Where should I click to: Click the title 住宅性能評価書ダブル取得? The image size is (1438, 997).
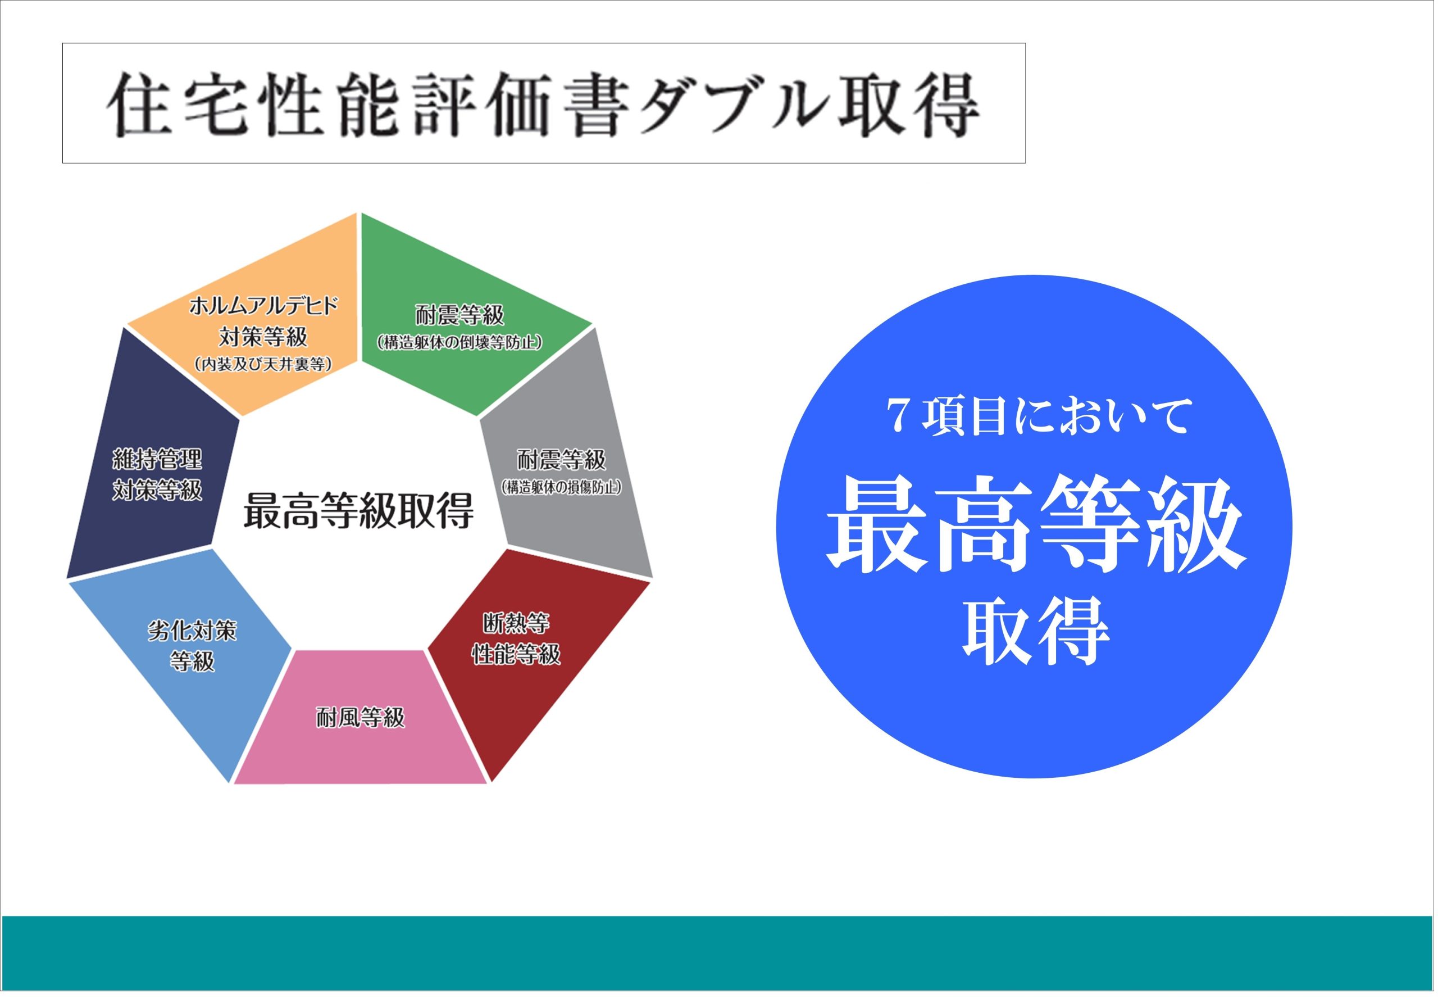pos(543,105)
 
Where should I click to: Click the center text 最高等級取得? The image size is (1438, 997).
pos(358,510)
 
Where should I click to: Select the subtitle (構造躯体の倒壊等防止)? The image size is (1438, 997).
pos(459,342)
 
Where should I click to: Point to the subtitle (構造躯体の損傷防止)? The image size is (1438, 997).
pos(561,487)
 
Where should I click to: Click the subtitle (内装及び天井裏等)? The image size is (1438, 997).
pos(263,364)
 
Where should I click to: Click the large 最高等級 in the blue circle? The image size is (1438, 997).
pos(1036,525)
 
